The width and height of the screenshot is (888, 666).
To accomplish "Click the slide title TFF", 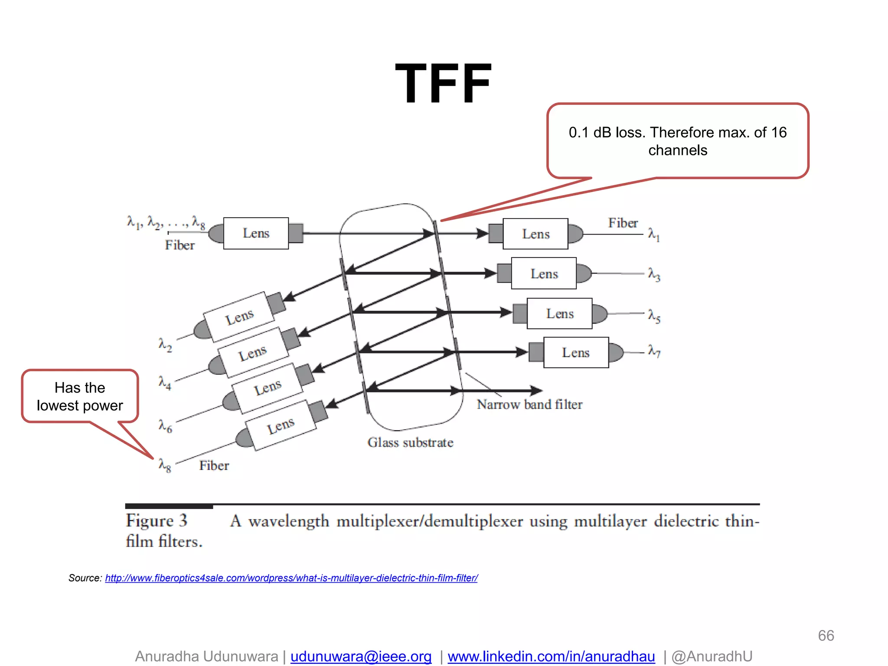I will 443,83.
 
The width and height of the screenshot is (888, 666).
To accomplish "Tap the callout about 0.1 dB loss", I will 677,141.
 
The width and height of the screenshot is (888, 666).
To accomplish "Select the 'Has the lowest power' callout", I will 80,396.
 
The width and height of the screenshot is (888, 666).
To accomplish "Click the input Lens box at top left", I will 256,233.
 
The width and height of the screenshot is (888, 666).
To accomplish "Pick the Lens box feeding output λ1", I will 535,234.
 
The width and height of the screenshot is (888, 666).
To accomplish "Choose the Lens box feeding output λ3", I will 544,274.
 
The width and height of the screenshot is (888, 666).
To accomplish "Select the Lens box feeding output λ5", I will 559,313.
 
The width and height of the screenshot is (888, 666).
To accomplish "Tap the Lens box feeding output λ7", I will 576,353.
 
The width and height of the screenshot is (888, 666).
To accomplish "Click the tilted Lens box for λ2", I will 239,317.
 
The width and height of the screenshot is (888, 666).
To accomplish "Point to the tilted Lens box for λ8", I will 281,425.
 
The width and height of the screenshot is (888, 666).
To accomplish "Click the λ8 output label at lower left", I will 165,465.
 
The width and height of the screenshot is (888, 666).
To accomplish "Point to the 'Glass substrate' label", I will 410,443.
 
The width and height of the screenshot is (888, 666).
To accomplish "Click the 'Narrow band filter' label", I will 529,405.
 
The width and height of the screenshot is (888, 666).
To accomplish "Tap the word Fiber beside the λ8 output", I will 214,466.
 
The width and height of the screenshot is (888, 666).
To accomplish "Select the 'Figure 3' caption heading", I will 157,521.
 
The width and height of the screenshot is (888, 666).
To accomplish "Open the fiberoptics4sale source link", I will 291,578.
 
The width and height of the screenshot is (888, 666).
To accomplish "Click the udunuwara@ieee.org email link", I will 361,656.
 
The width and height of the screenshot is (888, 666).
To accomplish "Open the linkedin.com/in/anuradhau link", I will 551,656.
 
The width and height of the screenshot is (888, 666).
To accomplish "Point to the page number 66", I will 826,636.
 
